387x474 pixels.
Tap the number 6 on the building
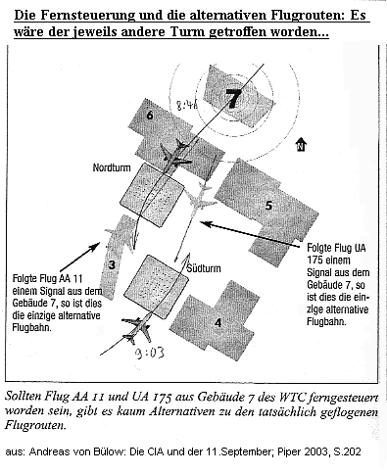150,116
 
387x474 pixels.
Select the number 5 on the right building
268,205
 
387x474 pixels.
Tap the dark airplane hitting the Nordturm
177,151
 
